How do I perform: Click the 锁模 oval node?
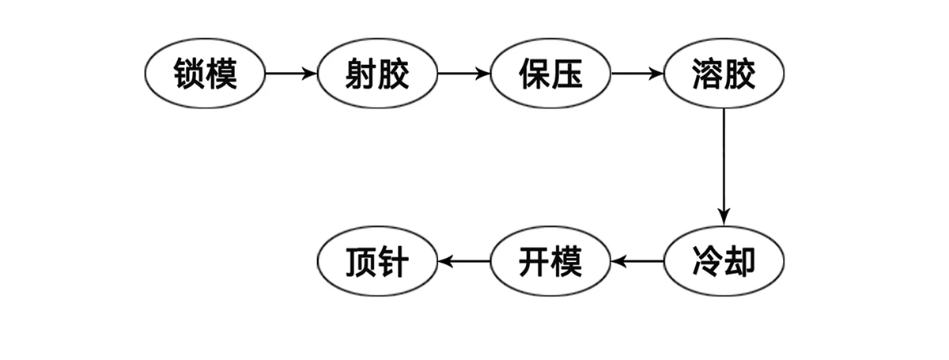pyautogui.click(x=205, y=74)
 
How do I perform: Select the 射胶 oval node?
pyautogui.click(x=377, y=74)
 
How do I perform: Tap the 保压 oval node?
pyautogui.click(x=550, y=74)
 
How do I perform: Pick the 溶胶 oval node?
pyautogui.click(x=724, y=74)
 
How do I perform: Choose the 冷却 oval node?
pyautogui.click(x=724, y=261)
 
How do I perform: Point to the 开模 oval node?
pyautogui.click(x=550, y=261)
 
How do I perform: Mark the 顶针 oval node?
pyautogui.click(x=377, y=261)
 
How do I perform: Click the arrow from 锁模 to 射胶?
pyautogui.click(x=291, y=74)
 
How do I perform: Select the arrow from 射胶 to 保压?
pyautogui.click(x=464, y=74)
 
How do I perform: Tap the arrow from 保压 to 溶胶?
pyautogui.click(x=637, y=74)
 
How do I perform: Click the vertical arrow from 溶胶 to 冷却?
pyautogui.click(x=724, y=167)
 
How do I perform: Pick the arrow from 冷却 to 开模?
pyautogui.click(x=637, y=261)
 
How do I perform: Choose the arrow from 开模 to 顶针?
pyautogui.click(x=464, y=261)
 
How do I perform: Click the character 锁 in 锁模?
pyautogui.click(x=189, y=74)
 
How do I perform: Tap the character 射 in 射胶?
pyautogui.click(x=361, y=74)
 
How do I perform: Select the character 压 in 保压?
pyautogui.click(x=567, y=74)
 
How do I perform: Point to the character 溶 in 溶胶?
pyautogui.click(x=708, y=74)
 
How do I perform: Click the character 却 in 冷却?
pyautogui.click(x=740, y=261)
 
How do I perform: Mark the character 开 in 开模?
pyautogui.click(x=535, y=261)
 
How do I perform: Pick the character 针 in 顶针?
pyautogui.click(x=394, y=261)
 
